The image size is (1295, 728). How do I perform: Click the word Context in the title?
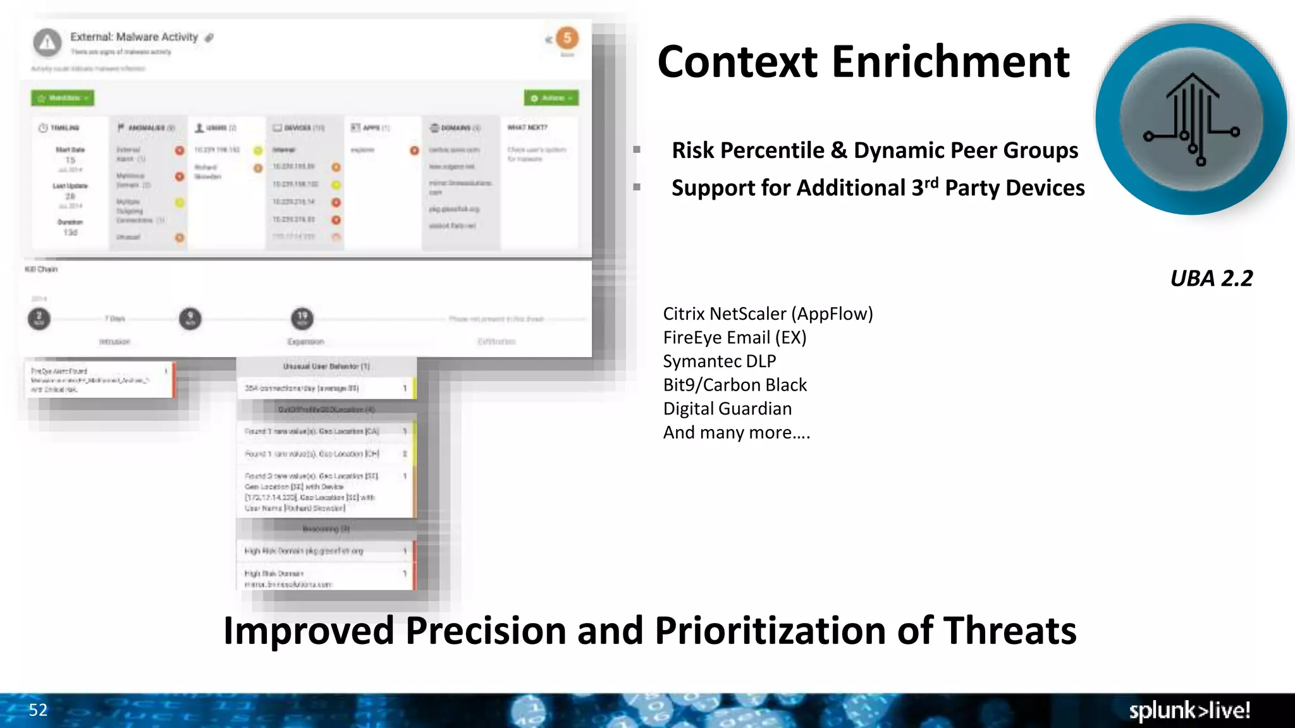pos(737,62)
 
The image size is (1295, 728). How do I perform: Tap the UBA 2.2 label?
pos(1211,279)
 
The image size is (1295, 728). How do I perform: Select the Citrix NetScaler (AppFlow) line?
pos(768,314)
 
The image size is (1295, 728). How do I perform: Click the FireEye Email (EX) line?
pos(734,337)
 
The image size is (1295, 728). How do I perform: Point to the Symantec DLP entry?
pos(719,361)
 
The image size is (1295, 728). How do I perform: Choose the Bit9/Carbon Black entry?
pos(735,385)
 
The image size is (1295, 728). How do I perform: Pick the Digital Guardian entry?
pos(727,409)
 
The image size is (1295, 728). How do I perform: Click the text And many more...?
pos(736,433)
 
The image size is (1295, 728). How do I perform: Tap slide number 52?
pos(38,710)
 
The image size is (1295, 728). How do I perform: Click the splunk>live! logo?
pos(1189,710)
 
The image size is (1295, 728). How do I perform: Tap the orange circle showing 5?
pos(567,38)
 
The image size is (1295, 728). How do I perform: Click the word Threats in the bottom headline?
pos(1010,631)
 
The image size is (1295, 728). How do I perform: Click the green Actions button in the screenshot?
pos(551,98)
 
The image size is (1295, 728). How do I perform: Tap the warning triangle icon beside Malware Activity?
pos(47,43)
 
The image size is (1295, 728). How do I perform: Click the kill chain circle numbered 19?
pos(302,318)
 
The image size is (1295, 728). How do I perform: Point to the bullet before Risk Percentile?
pos(637,150)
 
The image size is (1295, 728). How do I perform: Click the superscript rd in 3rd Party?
pos(931,183)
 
